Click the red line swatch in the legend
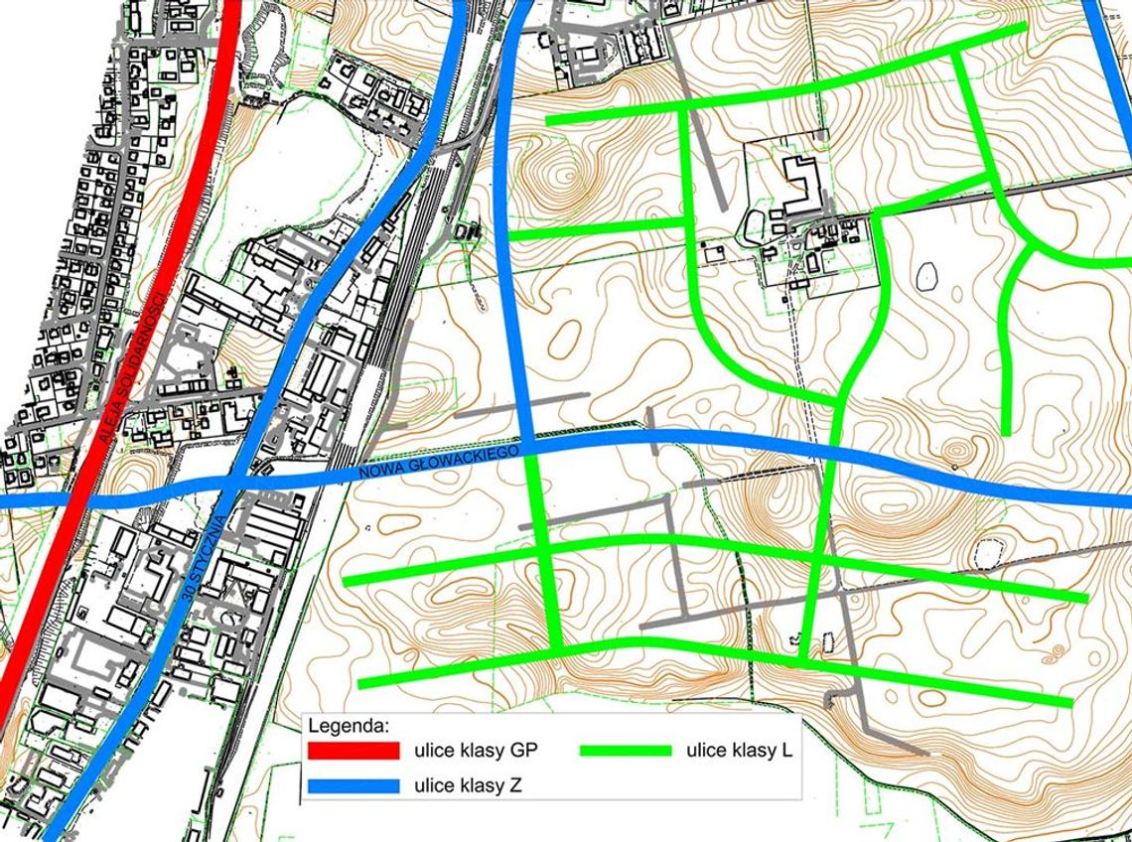pos(352,751)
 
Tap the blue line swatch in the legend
pos(352,785)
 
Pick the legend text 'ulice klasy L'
pos(738,751)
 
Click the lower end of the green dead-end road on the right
pos(1006,431)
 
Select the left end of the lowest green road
pos(361,684)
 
